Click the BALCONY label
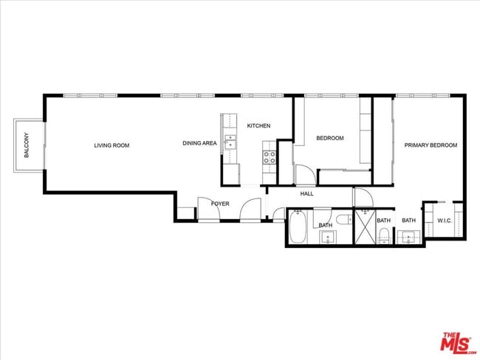tap(27, 145)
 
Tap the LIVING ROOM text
tap(112, 145)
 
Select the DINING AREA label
tap(199, 143)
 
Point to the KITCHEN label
tap(258, 126)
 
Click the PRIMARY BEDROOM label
tap(431, 145)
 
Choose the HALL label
tap(307, 194)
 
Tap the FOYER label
tap(221, 204)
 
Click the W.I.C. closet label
tap(445, 221)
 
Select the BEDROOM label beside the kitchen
tap(330, 138)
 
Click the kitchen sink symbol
tap(230, 142)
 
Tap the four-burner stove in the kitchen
tap(269, 156)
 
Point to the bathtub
tap(298, 227)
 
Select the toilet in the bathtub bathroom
tap(343, 220)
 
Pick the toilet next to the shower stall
tap(384, 235)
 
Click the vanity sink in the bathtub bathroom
tap(327, 238)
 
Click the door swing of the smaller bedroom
tap(304, 176)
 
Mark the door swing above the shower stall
tap(363, 198)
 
